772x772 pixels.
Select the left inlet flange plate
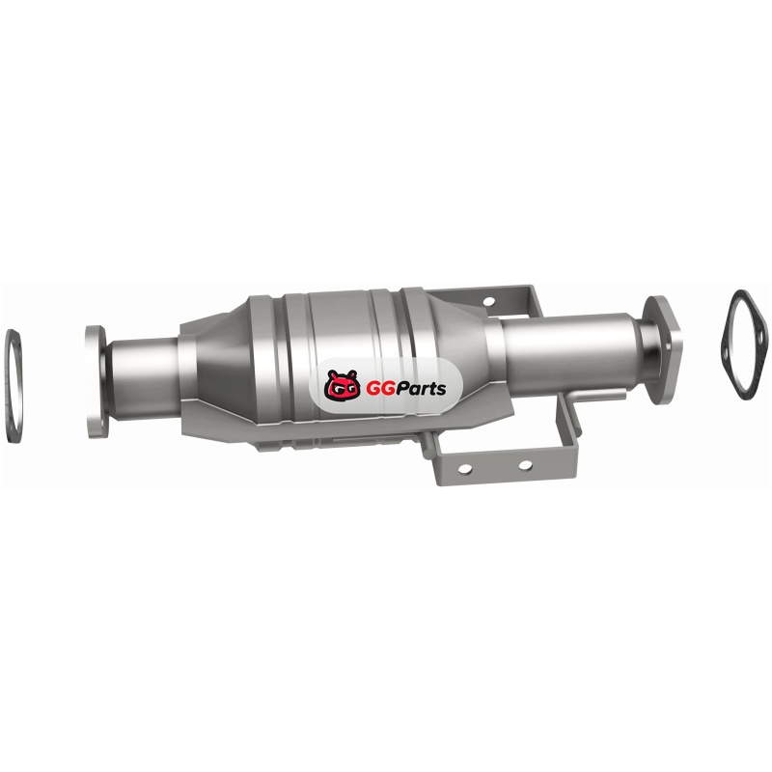coord(95,381)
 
